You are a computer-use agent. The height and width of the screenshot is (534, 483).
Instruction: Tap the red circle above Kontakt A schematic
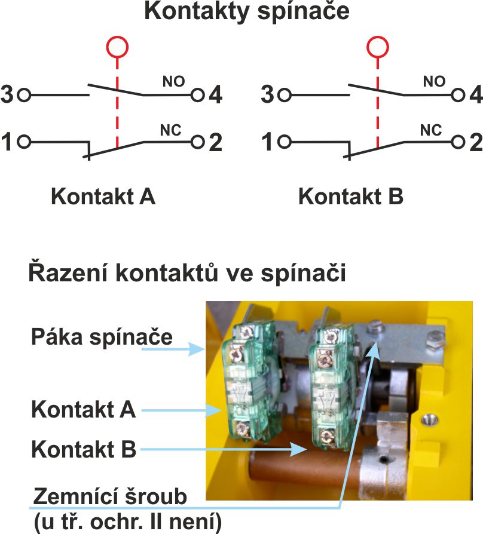click(117, 46)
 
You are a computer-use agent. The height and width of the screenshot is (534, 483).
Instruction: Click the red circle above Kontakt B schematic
click(377, 46)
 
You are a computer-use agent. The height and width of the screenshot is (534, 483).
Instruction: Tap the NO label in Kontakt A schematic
click(173, 81)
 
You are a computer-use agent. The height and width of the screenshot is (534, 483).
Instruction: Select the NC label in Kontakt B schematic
click(432, 129)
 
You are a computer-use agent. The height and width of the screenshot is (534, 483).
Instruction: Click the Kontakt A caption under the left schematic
click(103, 196)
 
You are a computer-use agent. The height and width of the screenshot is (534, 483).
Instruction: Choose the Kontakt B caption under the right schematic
click(351, 196)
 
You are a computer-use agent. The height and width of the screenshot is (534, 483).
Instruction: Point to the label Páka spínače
click(102, 337)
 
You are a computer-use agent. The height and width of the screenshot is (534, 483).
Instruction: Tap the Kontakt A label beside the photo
click(84, 410)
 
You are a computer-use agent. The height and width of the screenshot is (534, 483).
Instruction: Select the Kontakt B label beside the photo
click(84, 449)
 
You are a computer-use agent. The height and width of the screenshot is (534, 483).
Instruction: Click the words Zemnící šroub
click(111, 496)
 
